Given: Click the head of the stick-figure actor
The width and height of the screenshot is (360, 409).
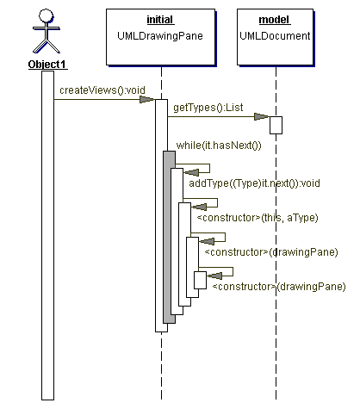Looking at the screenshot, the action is [46, 15].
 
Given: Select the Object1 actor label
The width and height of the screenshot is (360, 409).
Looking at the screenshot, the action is [47, 65].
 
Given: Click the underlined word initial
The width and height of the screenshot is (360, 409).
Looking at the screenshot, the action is [160, 20].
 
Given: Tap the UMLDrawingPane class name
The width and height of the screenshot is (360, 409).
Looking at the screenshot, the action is [160, 36].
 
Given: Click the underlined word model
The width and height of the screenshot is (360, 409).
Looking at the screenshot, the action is [274, 20].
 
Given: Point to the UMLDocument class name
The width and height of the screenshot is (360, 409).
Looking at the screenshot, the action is [275, 36].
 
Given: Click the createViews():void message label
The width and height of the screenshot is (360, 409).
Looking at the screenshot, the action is [102, 90].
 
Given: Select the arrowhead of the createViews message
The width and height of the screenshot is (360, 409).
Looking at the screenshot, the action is [146, 100].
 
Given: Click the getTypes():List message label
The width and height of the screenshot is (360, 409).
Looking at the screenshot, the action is [208, 108].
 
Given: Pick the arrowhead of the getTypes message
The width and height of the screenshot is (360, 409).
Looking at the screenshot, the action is [262, 117].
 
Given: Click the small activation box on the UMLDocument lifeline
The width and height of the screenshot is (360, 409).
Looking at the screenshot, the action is [276, 125].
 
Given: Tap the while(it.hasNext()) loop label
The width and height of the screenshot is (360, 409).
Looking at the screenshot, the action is [219, 146].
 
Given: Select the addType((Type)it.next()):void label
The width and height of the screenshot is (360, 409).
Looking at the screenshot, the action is [254, 183].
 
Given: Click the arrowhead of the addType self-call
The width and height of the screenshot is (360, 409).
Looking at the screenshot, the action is [191, 172].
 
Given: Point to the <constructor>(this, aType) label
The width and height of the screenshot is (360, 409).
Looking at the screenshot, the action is [258, 218].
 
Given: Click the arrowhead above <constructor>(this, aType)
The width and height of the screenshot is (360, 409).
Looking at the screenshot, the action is [199, 207].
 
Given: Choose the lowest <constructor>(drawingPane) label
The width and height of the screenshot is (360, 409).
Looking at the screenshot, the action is [279, 287].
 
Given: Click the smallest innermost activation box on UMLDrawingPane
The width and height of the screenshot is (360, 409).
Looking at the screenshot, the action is [200, 280].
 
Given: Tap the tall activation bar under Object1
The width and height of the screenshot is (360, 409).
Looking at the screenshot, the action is [47, 235].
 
